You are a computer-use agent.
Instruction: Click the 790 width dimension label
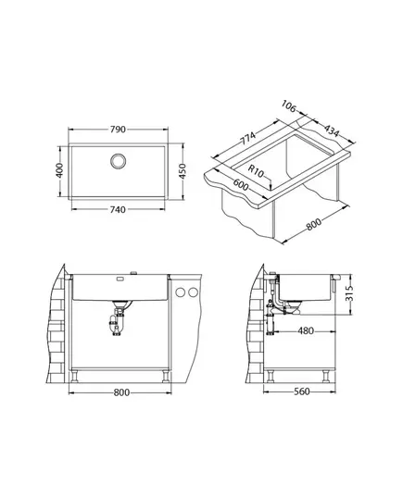[x=118, y=130]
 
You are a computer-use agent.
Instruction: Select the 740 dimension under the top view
[x=118, y=209]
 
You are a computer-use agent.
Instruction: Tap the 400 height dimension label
[x=59, y=170]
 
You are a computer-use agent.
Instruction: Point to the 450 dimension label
[x=183, y=171]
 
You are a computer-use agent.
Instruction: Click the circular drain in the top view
[x=119, y=161]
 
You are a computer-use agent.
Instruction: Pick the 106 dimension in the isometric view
[x=288, y=106]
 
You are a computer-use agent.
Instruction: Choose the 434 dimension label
[x=332, y=130]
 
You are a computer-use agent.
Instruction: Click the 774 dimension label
[x=247, y=138]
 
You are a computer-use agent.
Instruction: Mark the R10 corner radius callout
[x=256, y=171]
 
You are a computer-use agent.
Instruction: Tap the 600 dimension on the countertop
[x=241, y=185]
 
